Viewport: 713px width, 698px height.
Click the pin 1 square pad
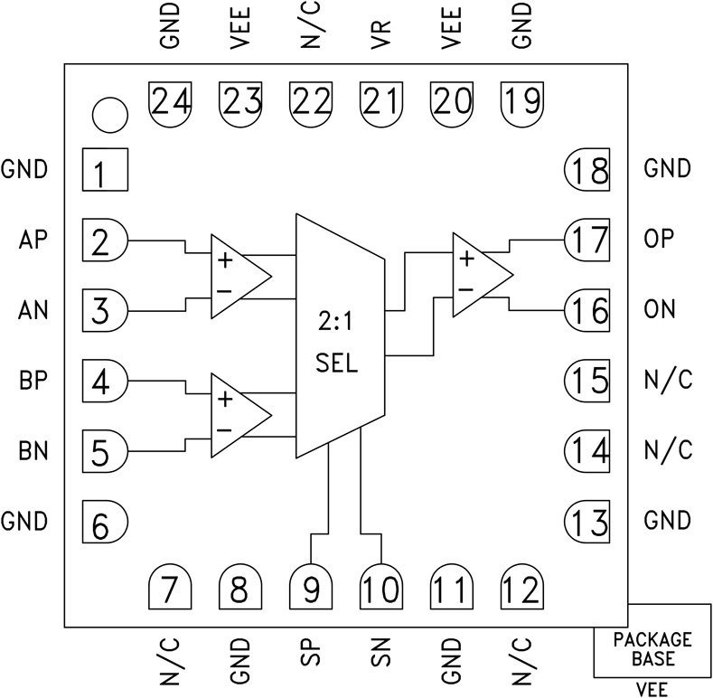point(104,170)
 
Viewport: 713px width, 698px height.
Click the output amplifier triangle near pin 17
point(479,274)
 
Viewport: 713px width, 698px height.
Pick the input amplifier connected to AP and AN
point(237,276)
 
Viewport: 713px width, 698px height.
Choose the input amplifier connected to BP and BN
point(237,414)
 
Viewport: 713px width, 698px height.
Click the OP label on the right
point(660,241)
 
